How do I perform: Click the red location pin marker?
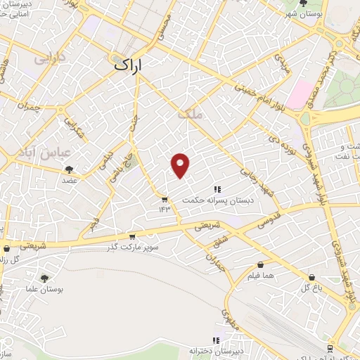[181, 165]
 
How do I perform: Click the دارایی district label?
[49, 56]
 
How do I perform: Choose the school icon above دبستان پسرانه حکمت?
[217, 189]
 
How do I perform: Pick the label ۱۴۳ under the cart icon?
[165, 208]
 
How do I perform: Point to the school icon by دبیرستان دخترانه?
[218, 340]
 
